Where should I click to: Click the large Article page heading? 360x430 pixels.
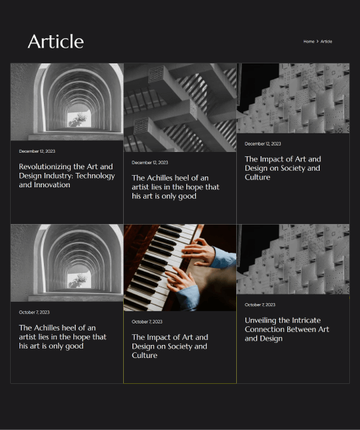click(x=55, y=42)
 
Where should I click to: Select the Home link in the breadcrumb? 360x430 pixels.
click(x=309, y=41)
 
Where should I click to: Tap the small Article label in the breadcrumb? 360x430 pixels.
click(x=326, y=41)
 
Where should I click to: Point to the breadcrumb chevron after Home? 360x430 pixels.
click(x=318, y=41)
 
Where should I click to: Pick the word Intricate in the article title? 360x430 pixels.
click(x=306, y=321)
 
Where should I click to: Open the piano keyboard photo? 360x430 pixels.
click(x=180, y=268)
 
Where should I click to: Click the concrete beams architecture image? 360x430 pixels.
click(x=180, y=107)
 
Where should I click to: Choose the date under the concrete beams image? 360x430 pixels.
click(x=150, y=163)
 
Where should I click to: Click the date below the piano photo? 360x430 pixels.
click(x=147, y=322)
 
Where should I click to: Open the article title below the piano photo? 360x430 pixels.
click(x=170, y=346)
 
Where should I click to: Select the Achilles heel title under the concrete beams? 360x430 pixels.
click(x=176, y=187)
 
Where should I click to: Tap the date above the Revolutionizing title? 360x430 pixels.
click(x=37, y=151)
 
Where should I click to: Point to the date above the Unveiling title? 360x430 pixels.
click(x=260, y=305)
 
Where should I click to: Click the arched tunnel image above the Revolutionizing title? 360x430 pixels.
click(x=67, y=102)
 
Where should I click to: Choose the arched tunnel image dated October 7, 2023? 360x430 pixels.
click(x=67, y=263)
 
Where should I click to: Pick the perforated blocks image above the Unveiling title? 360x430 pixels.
click(x=293, y=259)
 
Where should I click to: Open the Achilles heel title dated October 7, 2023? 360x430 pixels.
click(x=63, y=337)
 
